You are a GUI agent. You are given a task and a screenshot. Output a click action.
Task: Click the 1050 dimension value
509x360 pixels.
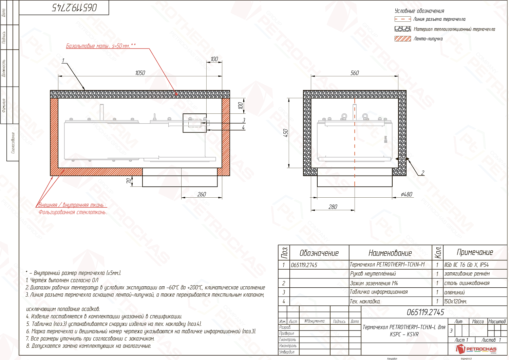point(140,73)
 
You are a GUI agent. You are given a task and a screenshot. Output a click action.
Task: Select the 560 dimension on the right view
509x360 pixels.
point(355,73)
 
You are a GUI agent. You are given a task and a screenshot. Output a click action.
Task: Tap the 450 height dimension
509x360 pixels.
point(286,133)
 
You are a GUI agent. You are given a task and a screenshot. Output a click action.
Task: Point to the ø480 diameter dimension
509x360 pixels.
point(407,194)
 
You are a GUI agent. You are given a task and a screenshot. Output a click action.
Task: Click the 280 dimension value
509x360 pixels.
point(333,207)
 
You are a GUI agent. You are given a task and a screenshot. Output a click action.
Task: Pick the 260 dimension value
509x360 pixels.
point(202,194)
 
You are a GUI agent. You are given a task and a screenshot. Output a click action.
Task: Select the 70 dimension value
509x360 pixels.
point(129,181)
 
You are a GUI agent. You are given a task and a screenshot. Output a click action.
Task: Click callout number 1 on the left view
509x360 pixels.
point(63,61)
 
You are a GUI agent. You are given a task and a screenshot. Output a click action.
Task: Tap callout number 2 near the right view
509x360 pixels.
point(422,173)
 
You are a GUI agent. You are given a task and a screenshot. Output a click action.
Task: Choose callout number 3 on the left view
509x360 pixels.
point(244,120)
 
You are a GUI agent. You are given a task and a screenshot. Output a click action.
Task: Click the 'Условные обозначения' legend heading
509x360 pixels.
point(419,11)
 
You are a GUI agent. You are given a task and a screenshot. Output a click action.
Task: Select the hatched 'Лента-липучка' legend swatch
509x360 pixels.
point(403,39)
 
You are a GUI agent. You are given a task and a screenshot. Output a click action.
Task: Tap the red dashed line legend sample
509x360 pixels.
point(403,19)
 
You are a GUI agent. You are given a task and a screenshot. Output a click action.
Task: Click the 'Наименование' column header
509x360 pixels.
point(390,253)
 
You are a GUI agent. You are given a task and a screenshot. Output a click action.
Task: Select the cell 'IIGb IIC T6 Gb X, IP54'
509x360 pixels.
point(467,265)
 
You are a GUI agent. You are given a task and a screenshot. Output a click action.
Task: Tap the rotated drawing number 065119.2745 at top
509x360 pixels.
point(74,8)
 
